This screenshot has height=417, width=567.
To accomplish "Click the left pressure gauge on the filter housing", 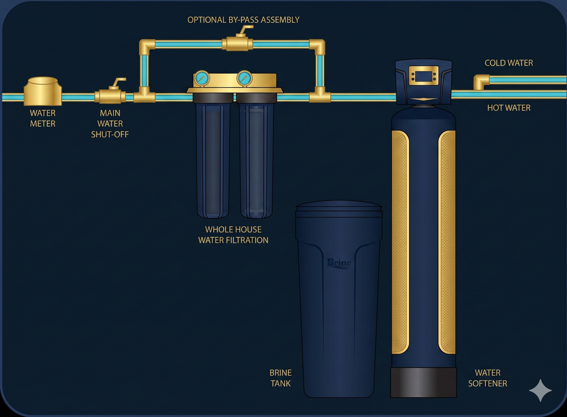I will (202, 78).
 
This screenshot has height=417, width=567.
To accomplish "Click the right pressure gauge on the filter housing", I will (244, 78).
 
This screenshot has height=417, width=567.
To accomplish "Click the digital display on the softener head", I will (424, 76).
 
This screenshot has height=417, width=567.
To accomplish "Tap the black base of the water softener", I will (423, 382).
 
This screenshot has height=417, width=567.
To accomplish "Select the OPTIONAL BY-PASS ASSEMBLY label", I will (243, 20).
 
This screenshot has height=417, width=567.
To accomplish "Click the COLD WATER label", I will (508, 63).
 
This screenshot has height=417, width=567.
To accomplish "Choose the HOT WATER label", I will (508, 108).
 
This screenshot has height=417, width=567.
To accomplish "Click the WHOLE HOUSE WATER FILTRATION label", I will (233, 235).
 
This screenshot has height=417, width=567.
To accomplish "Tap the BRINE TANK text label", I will (280, 378).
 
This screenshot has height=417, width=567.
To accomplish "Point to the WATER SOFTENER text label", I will (487, 378).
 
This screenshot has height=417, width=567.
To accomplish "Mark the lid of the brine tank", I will (339, 206).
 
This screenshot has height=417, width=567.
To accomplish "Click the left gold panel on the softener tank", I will (400, 242).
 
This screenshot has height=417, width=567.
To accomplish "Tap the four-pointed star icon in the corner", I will (540, 390).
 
